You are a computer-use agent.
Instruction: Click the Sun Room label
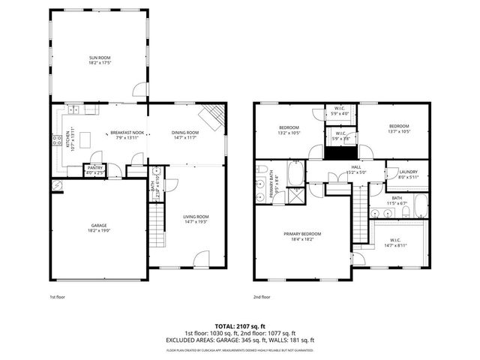click(99, 60)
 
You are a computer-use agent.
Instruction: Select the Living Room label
click(195, 219)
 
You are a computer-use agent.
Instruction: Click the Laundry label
click(408, 174)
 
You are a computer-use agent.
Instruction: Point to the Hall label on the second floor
click(355, 168)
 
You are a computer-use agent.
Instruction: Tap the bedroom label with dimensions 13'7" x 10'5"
click(399, 129)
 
